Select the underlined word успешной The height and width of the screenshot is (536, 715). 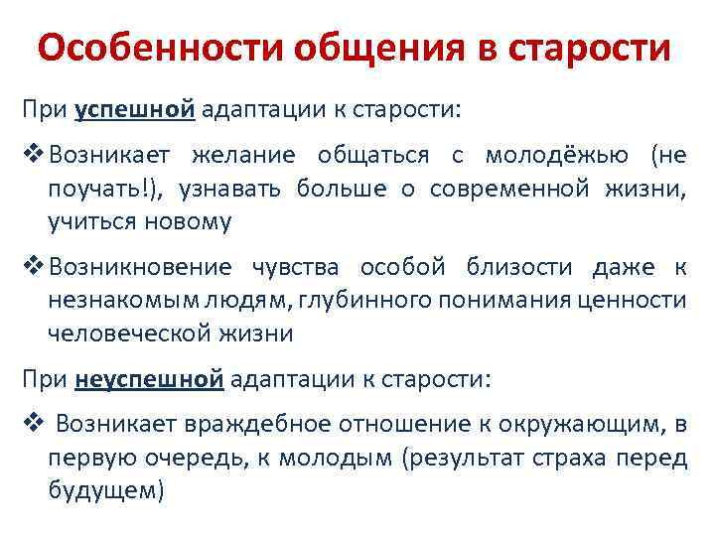134,108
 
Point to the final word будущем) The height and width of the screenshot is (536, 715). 104,490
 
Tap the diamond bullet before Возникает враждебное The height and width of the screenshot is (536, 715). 34,425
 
